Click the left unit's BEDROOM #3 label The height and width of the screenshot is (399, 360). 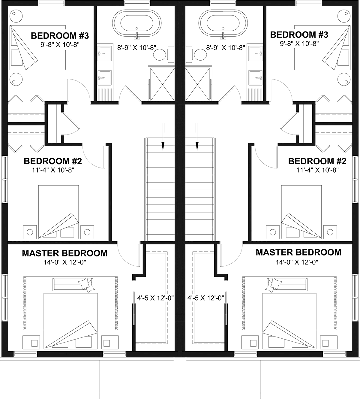(60, 36)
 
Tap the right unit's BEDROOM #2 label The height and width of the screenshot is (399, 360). (317, 161)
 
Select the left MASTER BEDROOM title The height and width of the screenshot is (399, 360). (64, 253)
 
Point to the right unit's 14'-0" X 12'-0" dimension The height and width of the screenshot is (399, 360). (297, 262)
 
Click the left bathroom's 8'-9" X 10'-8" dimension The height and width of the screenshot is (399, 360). (136, 48)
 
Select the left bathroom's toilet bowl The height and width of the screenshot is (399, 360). (160, 54)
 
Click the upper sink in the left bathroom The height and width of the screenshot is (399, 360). (105, 53)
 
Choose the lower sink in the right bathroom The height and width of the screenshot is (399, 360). (255, 77)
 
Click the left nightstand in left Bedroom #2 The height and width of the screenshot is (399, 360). (30, 232)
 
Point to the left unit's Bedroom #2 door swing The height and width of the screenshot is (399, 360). (93, 157)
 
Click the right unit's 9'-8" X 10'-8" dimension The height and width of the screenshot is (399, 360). (299, 43)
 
